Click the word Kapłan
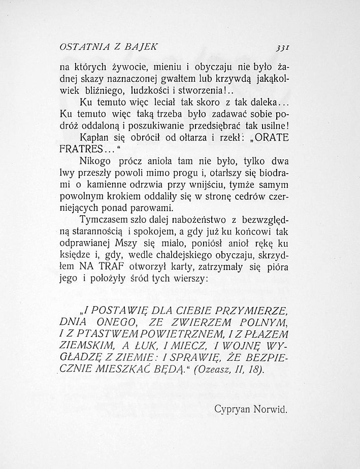click(95, 138)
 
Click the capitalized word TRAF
click(115, 266)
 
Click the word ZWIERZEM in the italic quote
click(199, 322)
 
